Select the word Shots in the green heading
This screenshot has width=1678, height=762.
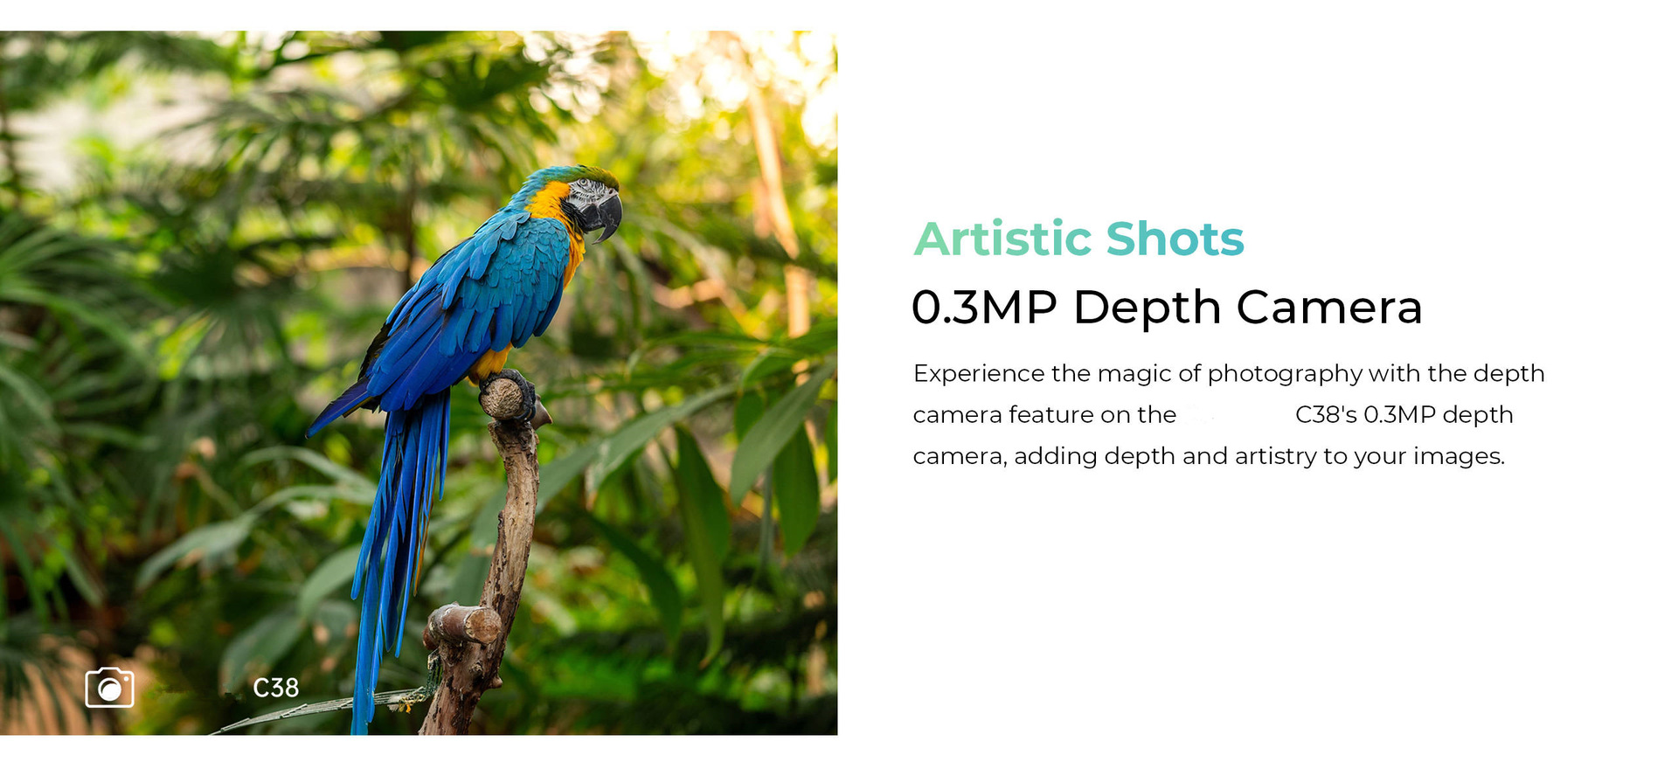tap(1175, 239)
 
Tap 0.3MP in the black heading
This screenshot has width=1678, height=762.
tap(984, 308)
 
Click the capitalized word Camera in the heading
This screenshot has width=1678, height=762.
tap(1329, 308)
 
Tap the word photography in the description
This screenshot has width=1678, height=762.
tap(1285, 374)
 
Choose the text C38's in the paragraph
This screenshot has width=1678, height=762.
tap(1326, 414)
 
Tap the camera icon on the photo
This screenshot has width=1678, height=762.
tap(109, 688)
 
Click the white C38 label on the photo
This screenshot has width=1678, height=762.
tap(276, 689)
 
